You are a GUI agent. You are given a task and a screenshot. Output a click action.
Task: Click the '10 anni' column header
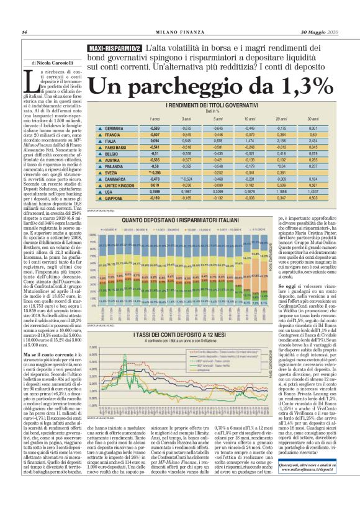[x=248, y=118]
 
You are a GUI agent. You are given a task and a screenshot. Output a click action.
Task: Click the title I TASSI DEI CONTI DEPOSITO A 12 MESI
[x=208, y=335]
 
